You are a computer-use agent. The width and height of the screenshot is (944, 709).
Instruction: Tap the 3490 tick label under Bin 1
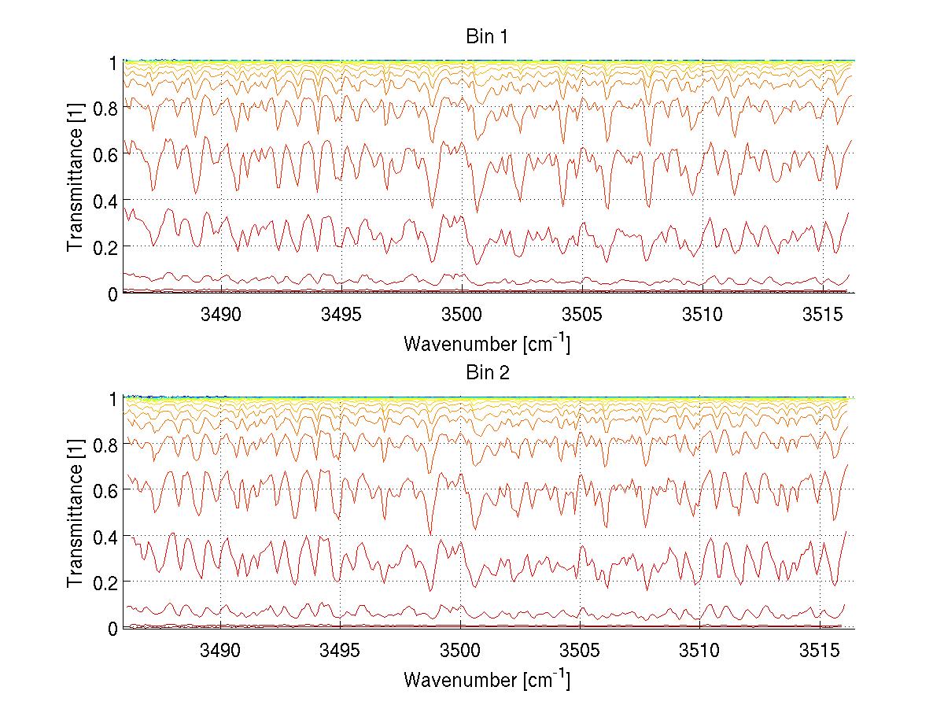tap(221, 316)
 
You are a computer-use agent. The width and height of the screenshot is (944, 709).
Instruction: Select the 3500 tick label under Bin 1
tap(461, 316)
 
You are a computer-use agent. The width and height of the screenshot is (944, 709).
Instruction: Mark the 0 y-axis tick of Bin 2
tap(113, 629)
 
